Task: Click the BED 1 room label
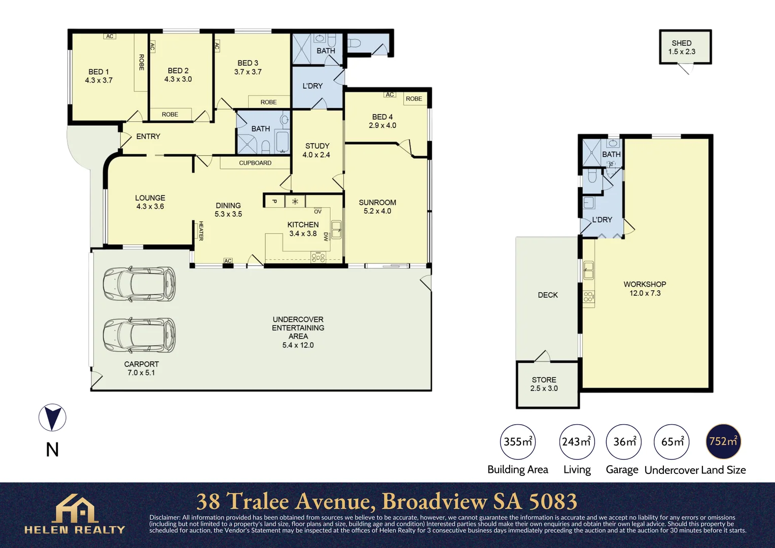point(99,76)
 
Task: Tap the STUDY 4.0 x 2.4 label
point(316,150)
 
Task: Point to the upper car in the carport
point(139,284)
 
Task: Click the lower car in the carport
point(139,335)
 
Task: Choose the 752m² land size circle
point(723,441)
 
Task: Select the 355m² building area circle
point(518,441)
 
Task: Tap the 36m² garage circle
point(624,441)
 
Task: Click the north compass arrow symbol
point(52,418)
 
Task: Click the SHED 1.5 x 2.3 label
point(682,47)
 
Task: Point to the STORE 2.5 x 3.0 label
point(544,384)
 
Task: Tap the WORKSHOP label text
point(645,284)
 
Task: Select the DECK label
point(548,295)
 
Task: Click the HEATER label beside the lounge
point(201,231)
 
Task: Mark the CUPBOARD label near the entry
point(255,163)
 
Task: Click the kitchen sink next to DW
point(336,229)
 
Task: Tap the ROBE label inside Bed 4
point(414,98)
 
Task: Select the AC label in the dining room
point(228,261)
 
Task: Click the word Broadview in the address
point(434,501)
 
